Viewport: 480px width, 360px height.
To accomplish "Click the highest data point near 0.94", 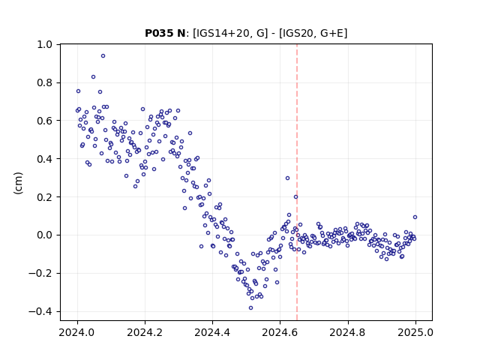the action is pyautogui.click(x=103, y=56).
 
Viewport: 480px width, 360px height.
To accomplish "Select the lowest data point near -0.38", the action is pyautogui.click(x=250, y=308).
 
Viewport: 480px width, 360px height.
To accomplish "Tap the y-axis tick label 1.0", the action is pyautogui.click(x=45, y=45).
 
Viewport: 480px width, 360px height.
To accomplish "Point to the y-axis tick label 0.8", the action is pyautogui.click(x=45, y=82).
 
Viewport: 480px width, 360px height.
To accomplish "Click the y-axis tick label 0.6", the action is pyautogui.click(x=45, y=121).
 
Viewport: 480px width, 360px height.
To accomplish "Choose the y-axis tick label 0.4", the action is pyautogui.click(x=45, y=159).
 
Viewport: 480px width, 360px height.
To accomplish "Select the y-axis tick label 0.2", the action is pyautogui.click(x=45, y=197).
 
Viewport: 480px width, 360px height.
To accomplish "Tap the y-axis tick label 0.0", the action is pyautogui.click(x=45, y=235).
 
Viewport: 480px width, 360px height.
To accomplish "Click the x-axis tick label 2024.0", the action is pyautogui.click(x=77, y=332).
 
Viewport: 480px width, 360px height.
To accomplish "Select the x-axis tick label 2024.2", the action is pyautogui.click(x=145, y=332).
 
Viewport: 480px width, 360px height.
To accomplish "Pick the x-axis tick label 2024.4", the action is pyautogui.click(x=212, y=332).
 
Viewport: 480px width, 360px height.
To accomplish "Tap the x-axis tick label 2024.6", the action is pyautogui.click(x=280, y=332).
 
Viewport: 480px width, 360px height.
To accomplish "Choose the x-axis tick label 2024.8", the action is pyautogui.click(x=348, y=332).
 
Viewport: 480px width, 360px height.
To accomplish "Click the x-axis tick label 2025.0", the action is pyautogui.click(x=415, y=332).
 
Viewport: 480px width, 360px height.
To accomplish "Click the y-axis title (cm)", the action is pyautogui.click(x=18, y=183).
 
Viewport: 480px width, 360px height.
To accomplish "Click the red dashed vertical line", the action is pyautogui.click(x=297, y=182).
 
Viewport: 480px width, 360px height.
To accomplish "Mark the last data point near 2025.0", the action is pyautogui.click(x=415, y=217).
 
